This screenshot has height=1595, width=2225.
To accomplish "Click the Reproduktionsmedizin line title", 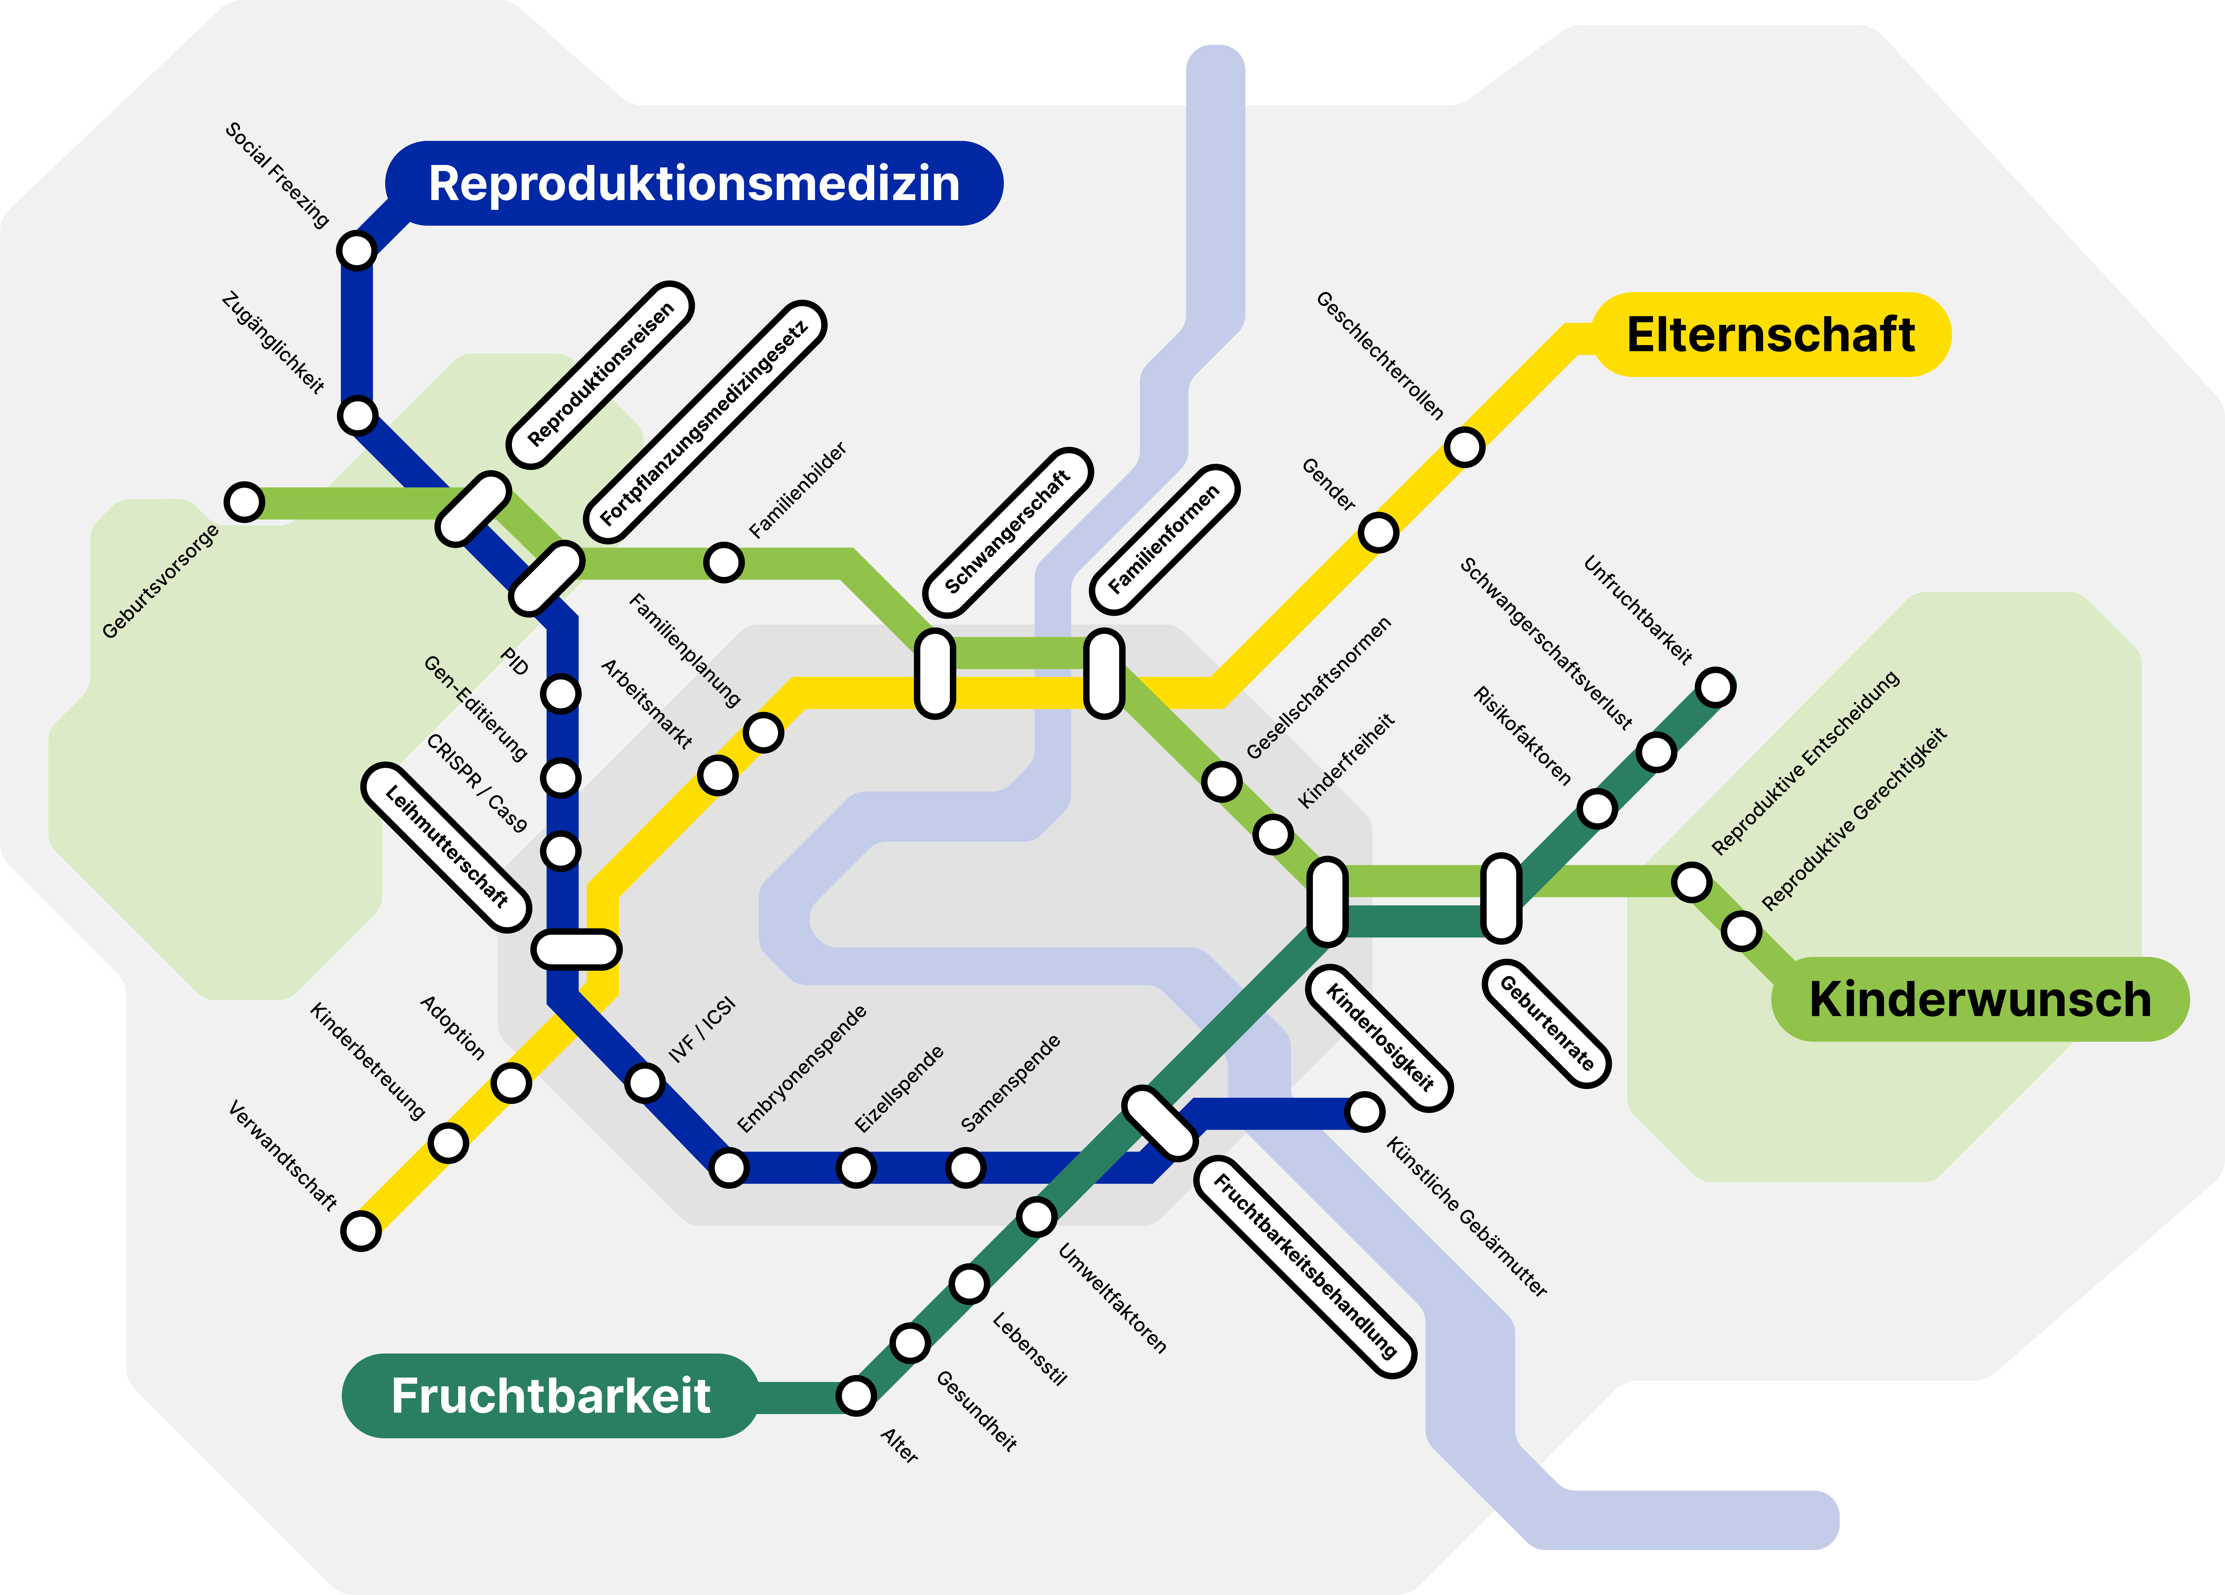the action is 694,183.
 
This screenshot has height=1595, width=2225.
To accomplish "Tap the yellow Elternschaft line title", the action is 1771,334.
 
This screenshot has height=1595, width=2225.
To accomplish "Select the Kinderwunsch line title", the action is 1980,999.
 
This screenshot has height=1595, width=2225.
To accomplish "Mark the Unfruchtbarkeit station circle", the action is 1715,688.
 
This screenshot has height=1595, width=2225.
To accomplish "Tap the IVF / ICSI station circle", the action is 645,1083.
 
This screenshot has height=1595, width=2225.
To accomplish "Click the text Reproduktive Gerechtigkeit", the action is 1854,819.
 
